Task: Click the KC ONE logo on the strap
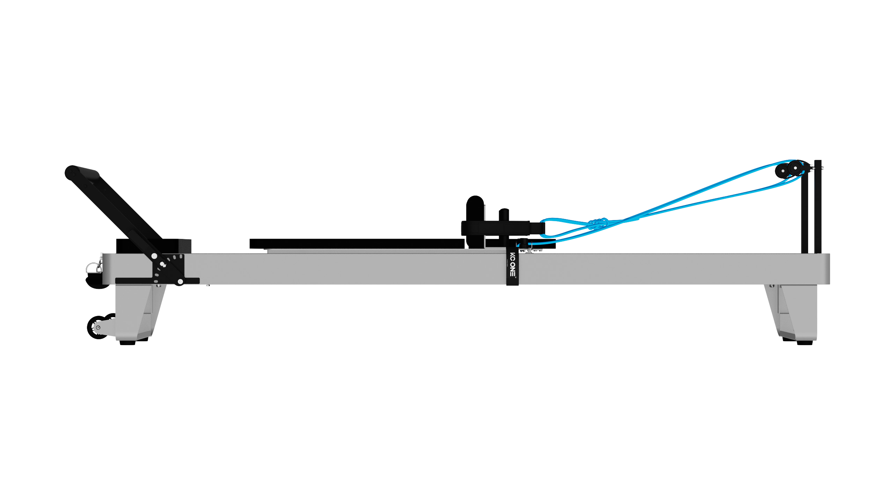pos(513,264)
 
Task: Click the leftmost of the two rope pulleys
pos(782,171)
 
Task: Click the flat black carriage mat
pos(357,243)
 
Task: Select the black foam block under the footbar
pos(154,246)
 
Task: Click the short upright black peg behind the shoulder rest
pos(504,214)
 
